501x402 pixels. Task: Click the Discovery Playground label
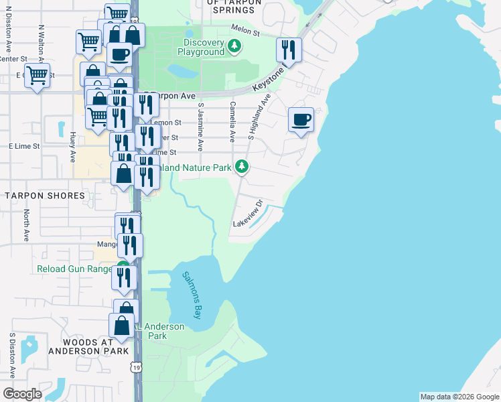tap(200, 47)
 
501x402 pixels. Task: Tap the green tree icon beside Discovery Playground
tap(234, 46)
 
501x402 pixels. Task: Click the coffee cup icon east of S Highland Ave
tap(301, 120)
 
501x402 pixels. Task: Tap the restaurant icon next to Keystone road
tap(289, 49)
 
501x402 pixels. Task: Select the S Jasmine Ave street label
tap(200, 125)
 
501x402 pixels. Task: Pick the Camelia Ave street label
tap(232, 121)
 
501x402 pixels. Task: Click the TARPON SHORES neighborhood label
tap(46, 196)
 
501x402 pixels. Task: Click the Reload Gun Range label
tap(74, 269)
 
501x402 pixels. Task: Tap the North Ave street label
tap(27, 226)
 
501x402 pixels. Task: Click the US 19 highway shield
tap(137, 367)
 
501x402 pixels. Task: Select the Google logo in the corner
tap(22, 394)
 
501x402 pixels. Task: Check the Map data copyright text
tap(459, 397)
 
